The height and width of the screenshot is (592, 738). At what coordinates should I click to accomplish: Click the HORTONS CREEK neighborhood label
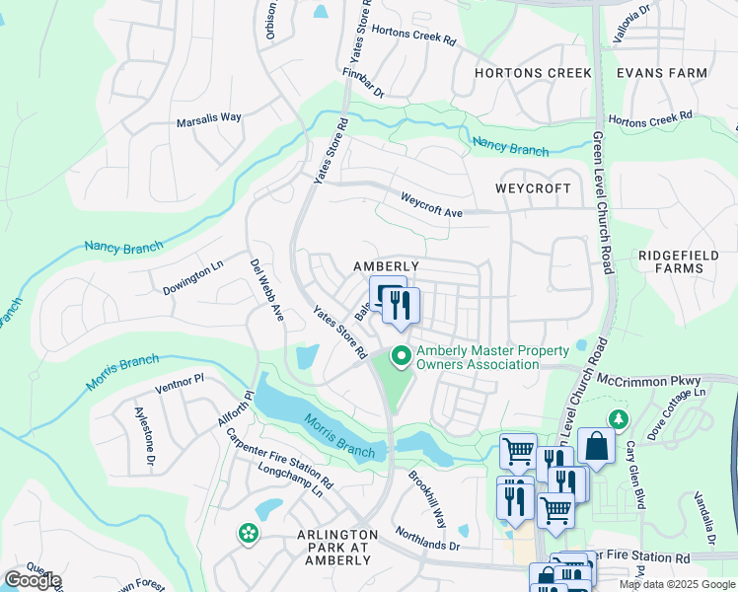tap(533, 73)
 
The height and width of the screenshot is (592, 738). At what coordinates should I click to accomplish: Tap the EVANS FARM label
tap(662, 73)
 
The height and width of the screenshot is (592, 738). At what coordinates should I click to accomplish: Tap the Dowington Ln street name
tap(194, 279)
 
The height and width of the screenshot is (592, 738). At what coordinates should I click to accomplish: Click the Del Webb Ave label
tap(266, 291)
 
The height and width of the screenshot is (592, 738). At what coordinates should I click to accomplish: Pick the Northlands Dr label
tap(427, 539)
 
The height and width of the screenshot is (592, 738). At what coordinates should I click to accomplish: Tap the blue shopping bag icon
tap(596, 445)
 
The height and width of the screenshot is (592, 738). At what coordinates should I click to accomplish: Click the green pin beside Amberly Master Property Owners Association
tap(401, 355)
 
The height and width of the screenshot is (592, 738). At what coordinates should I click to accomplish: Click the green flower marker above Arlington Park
tap(248, 534)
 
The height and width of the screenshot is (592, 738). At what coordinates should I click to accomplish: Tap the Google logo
tap(34, 580)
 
